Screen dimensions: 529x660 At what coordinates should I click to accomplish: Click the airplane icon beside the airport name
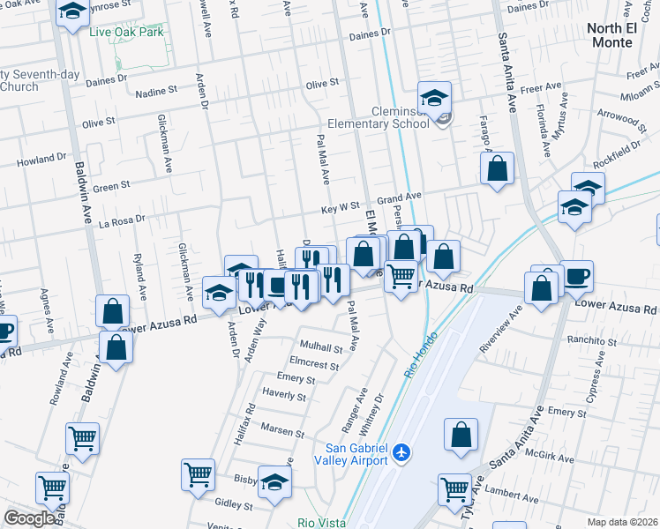(402, 452)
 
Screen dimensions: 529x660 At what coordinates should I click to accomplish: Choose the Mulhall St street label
(320, 347)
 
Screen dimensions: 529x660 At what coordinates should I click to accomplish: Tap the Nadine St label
(156, 92)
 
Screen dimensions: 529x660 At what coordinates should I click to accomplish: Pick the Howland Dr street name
(41, 160)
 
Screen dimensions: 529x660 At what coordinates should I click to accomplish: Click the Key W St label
(340, 209)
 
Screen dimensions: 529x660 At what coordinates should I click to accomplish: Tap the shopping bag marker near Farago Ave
(498, 168)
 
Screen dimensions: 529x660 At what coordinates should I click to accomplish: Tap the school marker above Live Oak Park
(72, 11)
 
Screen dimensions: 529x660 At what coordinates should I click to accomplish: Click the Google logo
(29, 518)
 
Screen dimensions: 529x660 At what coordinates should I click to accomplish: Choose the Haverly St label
(283, 396)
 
